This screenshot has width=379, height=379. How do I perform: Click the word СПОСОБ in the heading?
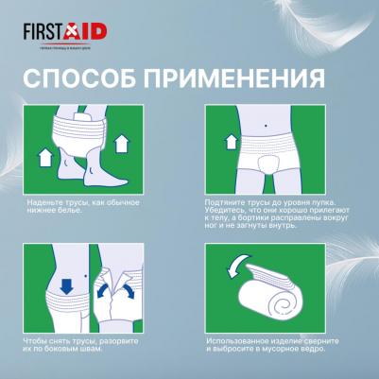click(x=72, y=77)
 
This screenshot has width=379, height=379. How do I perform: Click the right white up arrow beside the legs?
click(x=120, y=143)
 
